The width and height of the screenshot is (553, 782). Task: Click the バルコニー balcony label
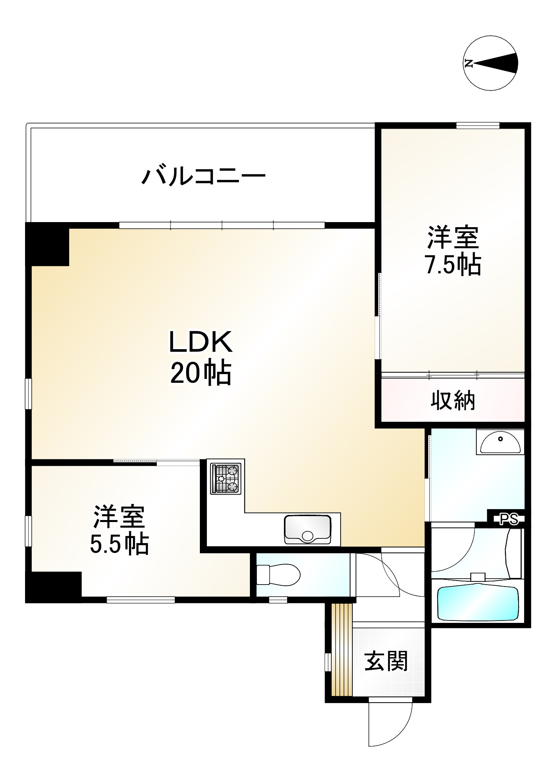(203, 177)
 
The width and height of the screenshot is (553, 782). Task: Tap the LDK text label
(201, 341)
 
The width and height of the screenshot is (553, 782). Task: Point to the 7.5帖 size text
(453, 266)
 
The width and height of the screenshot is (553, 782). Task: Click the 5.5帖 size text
(119, 544)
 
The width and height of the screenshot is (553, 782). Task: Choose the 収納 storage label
(453, 400)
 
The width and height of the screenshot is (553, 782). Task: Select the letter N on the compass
(469, 63)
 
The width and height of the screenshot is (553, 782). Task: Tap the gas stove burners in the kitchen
(225, 478)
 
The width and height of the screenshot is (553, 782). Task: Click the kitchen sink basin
(307, 529)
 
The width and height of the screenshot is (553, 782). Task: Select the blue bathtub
(478, 603)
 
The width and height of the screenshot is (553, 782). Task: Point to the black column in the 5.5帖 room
(53, 585)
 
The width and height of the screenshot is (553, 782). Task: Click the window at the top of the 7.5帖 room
(478, 126)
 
